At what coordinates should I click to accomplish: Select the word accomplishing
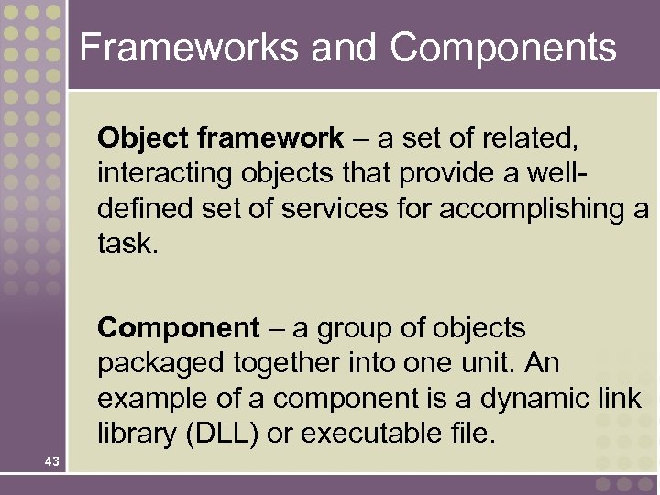click(x=529, y=209)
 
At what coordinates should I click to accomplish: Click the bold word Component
click(x=179, y=327)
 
